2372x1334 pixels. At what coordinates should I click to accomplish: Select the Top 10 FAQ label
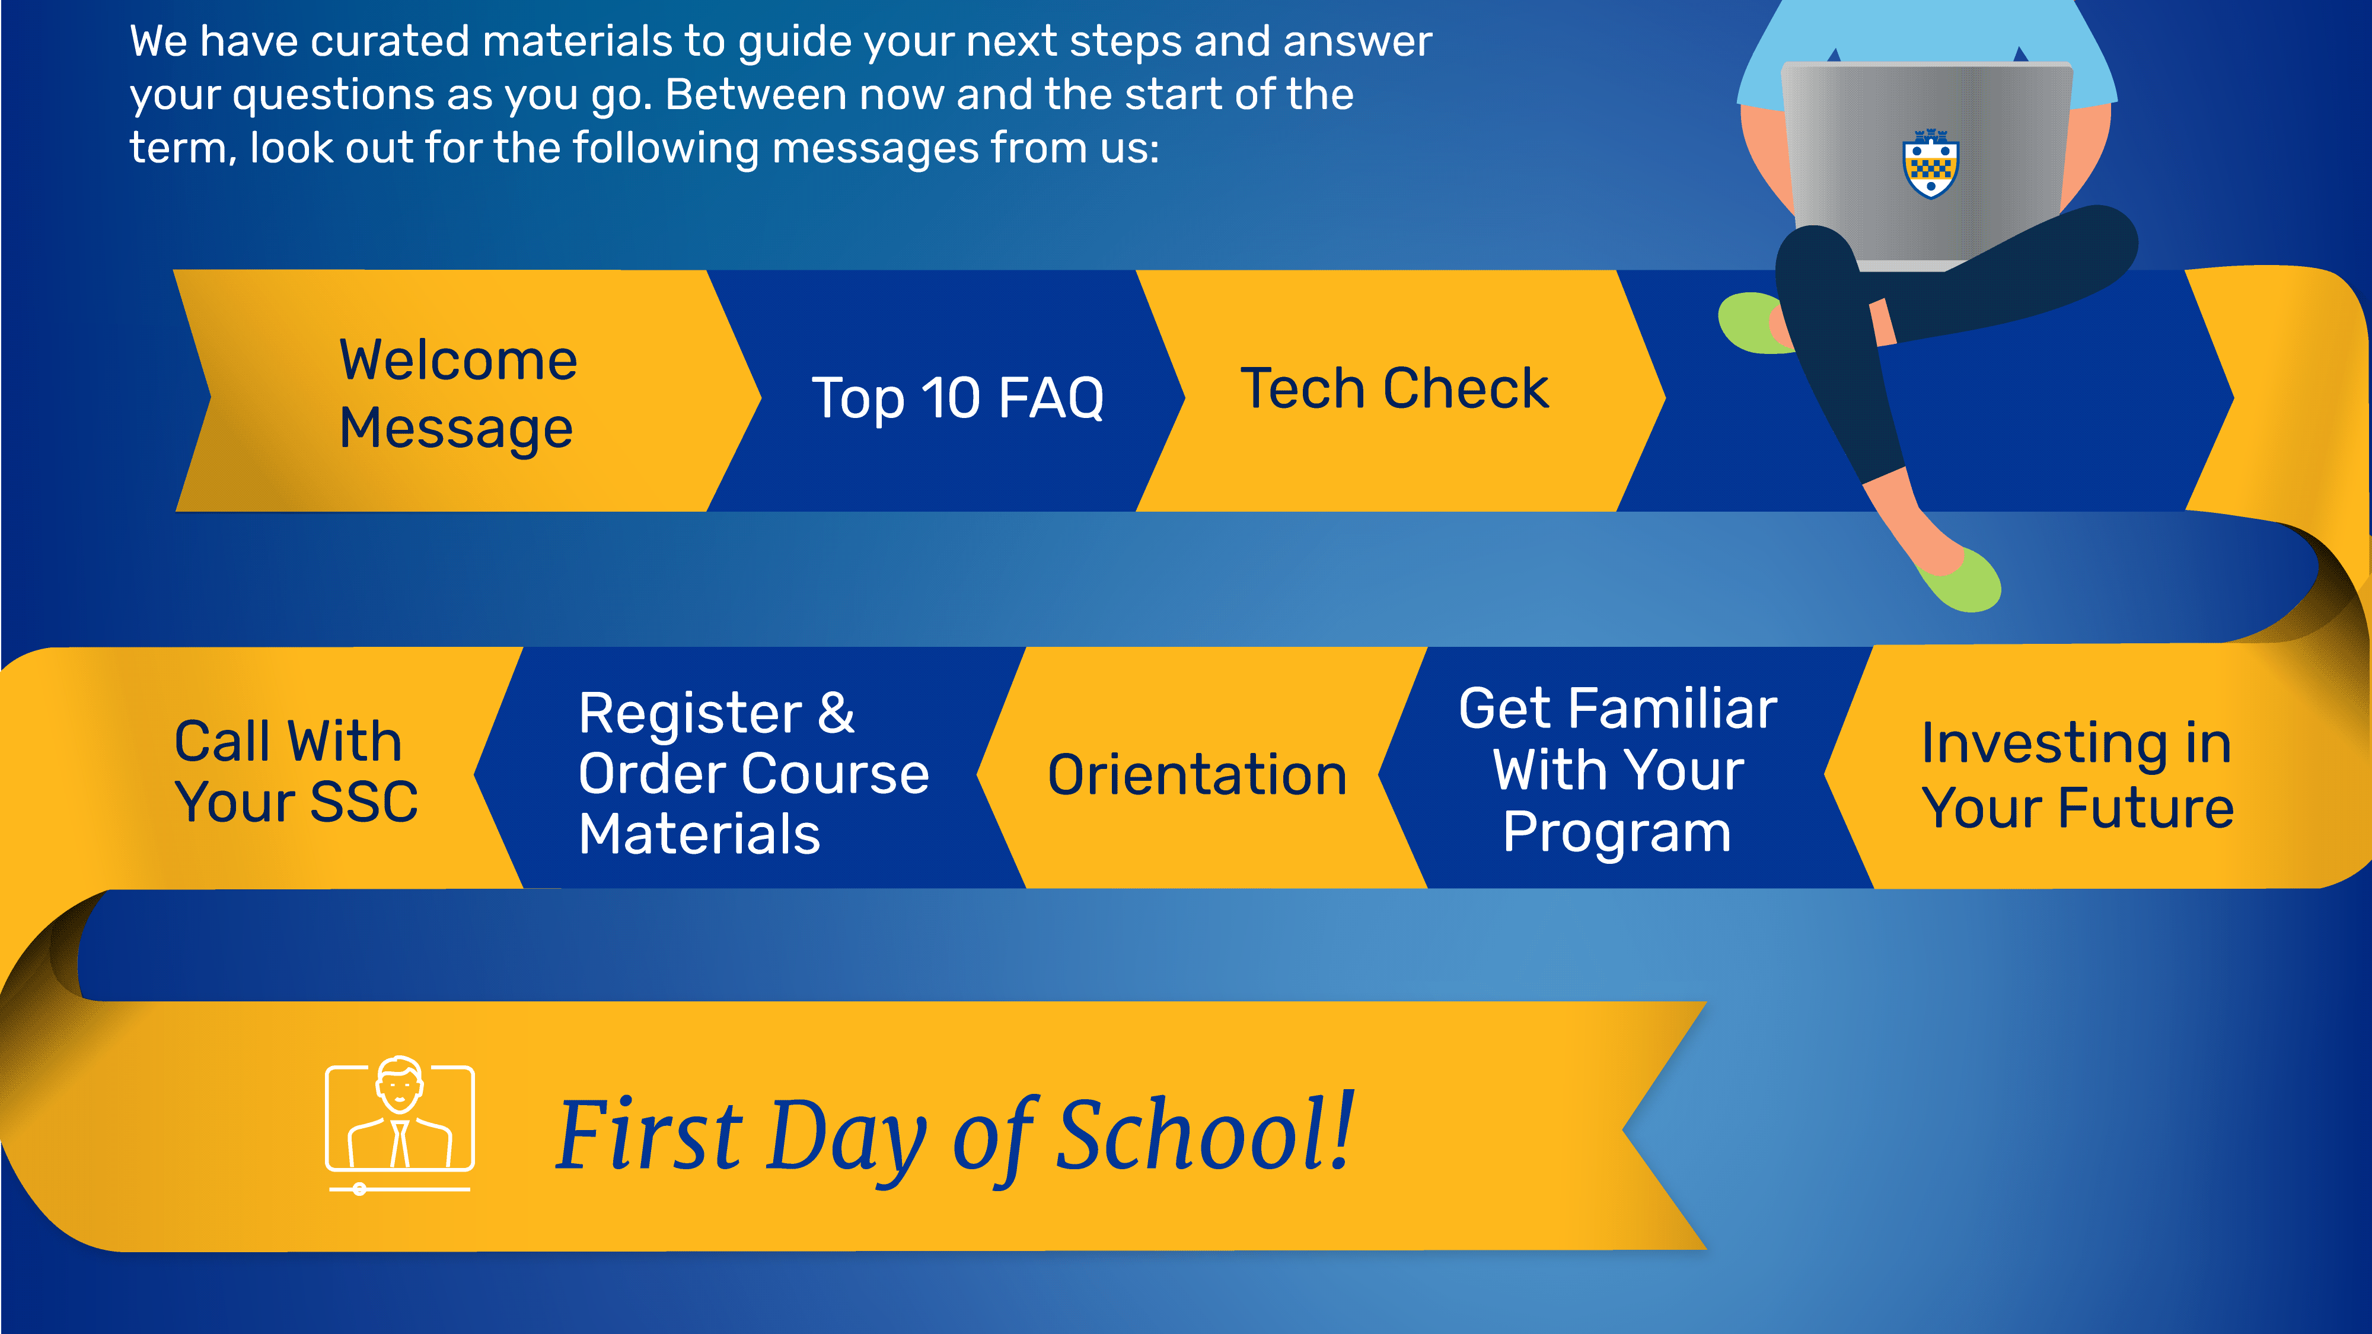[x=958, y=398]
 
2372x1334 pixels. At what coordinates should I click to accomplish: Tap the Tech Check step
[x=1394, y=388]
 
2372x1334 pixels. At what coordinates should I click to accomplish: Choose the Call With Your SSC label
[x=295, y=771]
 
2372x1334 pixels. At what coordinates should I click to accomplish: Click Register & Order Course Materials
[x=753, y=773]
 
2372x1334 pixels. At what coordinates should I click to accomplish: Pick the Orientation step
[x=1197, y=774]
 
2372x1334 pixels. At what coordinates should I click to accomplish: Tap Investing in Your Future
[x=2077, y=775]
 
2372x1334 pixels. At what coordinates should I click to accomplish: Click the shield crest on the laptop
[x=1930, y=164]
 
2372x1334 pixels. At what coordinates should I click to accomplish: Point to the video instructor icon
[x=400, y=1125]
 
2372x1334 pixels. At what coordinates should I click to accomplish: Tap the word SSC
[x=364, y=802]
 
